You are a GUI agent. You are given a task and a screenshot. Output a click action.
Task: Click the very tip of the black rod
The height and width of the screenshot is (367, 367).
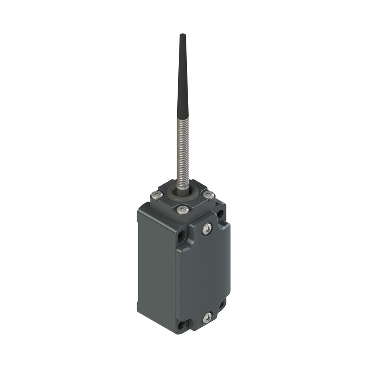(x=182, y=35)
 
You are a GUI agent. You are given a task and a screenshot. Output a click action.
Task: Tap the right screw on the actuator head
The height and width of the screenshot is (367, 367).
(x=209, y=195)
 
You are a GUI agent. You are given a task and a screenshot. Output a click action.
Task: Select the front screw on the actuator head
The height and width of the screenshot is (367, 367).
(x=183, y=210)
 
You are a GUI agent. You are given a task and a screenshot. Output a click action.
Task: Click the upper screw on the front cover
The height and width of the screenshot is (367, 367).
(x=207, y=229)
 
